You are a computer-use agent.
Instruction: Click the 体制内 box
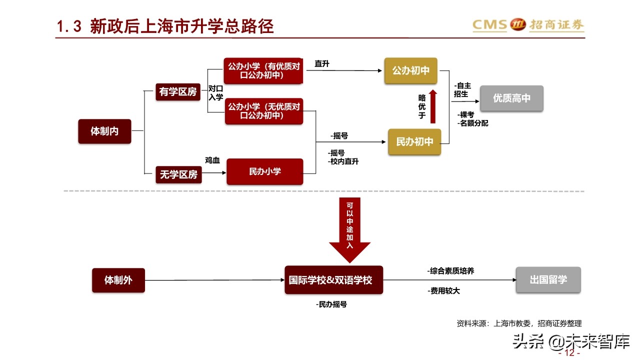pyautogui.click(x=104, y=131)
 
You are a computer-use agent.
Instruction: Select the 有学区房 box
pyautogui.click(x=178, y=91)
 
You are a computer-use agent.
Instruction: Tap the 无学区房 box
pyautogui.click(x=178, y=174)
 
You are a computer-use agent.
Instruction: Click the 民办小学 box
pyautogui.click(x=264, y=171)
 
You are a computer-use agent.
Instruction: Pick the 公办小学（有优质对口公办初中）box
pyautogui.click(x=264, y=70)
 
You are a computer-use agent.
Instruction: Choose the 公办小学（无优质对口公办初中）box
pyautogui.click(x=264, y=111)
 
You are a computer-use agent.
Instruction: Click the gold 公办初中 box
pyautogui.click(x=410, y=70)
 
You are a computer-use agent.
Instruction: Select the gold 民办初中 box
pyautogui.click(x=414, y=141)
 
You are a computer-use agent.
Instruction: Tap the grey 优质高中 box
pyautogui.click(x=511, y=98)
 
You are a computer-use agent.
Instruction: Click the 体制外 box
pyautogui.click(x=118, y=280)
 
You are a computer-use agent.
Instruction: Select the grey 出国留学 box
pyautogui.click(x=548, y=279)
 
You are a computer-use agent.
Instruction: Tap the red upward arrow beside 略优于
pyautogui.click(x=433, y=106)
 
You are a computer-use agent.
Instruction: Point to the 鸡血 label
pyautogui.click(x=212, y=160)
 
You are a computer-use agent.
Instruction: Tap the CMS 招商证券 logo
pyautogui.click(x=528, y=24)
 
